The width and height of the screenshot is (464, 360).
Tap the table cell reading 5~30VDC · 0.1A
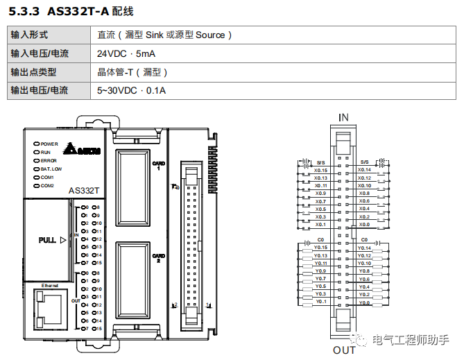pyautogui.click(x=132, y=90)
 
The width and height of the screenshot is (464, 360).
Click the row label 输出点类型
pyautogui.click(x=33, y=72)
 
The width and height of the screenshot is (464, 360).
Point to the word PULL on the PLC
pyautogui.click(x=49, y=240)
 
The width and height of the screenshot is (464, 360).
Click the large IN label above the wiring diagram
pyautogui.click(x=343, y=117)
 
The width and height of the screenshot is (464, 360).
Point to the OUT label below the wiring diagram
pyautogui.click(x=343, y=350)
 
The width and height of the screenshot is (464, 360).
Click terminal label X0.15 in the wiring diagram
pyautogui.click(x=321, y=169)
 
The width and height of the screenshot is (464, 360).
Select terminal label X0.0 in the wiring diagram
pyautogui.click(x=364, y=224)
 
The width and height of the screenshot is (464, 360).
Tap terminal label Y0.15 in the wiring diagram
pyautogui.click(x=320, y=248)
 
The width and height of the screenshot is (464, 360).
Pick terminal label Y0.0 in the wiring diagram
pyautogui.click(x=365, y=302)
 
